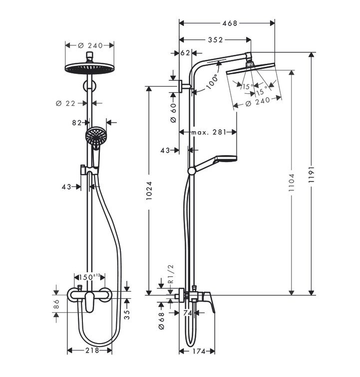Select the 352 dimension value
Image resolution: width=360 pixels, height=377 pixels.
(215, 40)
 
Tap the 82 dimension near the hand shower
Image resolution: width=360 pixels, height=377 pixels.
(77, 122)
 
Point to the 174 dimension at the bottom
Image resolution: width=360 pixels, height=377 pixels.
(199, 352)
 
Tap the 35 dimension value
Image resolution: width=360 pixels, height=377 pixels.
(127, 314)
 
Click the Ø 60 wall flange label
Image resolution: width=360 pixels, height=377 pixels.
(173, 113)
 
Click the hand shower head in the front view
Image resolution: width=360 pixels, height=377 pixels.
(94, 137)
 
